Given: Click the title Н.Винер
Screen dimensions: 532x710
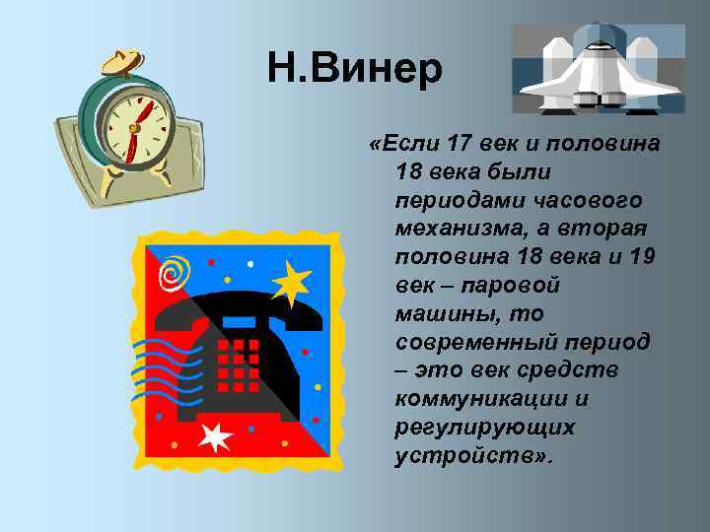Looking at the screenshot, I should [355, 70].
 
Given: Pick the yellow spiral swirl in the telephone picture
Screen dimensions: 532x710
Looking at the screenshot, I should [177, 267].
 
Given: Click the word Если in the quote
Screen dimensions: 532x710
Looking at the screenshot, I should [407, 144].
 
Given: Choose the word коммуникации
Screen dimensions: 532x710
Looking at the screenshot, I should [481, 401].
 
